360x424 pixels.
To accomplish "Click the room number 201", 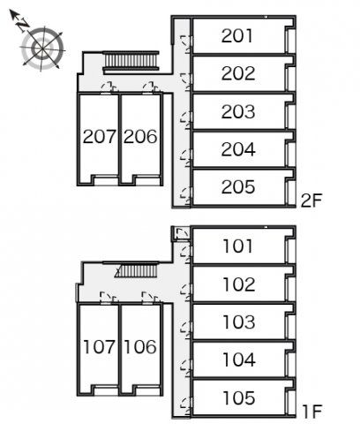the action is [236, 36].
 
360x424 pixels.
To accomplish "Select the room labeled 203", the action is [238, 111].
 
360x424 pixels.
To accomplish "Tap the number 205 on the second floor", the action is [238, 187].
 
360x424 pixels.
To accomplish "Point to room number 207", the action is [100, 137].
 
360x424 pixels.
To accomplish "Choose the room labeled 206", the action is [140, 137].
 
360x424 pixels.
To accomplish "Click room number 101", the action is [237, 246].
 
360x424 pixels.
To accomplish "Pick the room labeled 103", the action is [239, 322].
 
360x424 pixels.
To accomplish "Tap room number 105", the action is [239, 397].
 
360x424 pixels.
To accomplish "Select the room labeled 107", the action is [99, 347].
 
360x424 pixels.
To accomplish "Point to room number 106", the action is [140, 347].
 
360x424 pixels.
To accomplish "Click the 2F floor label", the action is [311, 201].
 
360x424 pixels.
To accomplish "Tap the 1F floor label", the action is [312, 412].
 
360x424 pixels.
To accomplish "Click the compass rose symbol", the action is [42, 48].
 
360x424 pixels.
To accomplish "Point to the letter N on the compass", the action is [22, 26].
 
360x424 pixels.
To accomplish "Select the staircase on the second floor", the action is [131, 62].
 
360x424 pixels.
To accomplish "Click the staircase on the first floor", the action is [137, 270].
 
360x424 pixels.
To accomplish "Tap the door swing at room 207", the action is [109, 87].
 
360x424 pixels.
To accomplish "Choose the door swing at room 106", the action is [150, 297].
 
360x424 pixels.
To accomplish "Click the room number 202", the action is [238, 73].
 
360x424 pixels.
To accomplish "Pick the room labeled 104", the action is [239, 360].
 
